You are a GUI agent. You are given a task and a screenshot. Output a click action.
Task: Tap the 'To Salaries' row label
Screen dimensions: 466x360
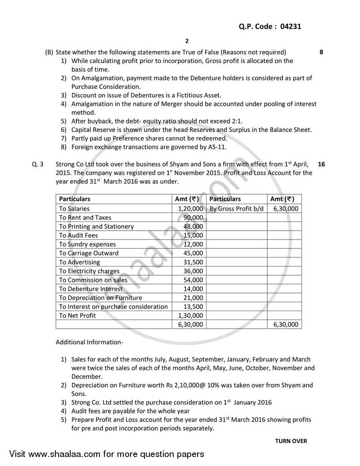click(x=74, y=208)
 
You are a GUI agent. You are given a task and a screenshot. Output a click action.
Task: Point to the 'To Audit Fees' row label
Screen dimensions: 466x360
click(x=78, y=235)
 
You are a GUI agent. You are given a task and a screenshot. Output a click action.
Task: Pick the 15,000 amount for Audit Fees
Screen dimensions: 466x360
click(x=193, y=235)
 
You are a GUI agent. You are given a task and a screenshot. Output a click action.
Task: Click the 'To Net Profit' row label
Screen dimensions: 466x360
click(x=77, y=315)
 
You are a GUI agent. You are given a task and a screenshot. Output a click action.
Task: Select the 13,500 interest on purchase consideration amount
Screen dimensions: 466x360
click(x=193, y=307)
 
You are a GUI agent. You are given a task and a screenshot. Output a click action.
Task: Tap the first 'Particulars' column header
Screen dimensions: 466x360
click(x=75, y=199)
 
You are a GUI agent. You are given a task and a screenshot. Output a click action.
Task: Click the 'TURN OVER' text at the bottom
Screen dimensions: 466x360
click(x=291, y=441)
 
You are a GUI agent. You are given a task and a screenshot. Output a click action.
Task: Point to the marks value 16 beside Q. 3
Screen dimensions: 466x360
click(x=321, y=164)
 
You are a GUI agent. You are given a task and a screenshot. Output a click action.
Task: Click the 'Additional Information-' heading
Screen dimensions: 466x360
click(x=89, y=342)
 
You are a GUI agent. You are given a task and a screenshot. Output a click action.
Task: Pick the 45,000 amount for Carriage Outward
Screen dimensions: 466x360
click(x=193, y=253)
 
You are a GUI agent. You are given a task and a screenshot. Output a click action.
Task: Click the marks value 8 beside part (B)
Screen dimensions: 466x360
click(x=321, y=52)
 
